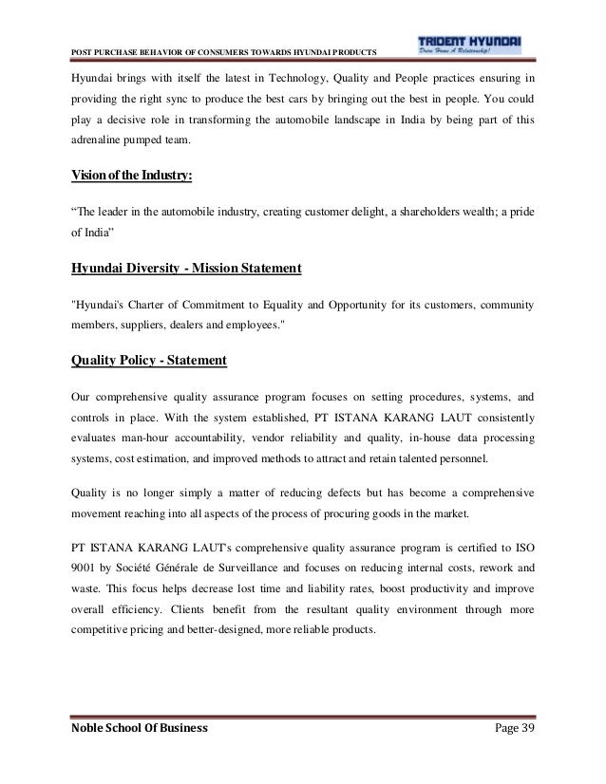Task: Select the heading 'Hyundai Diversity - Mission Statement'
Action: coord(186,269)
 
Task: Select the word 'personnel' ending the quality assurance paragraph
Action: coord(456,461)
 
